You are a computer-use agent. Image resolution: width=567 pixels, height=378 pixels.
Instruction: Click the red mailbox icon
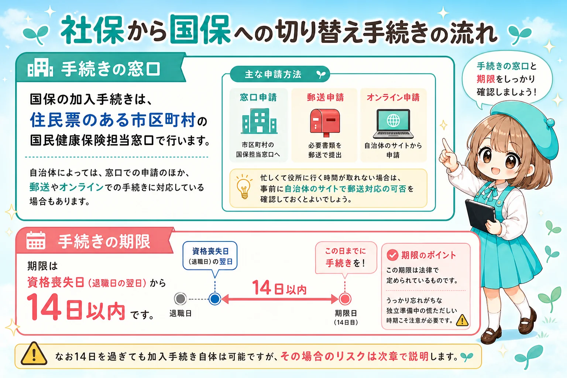coord(325,123)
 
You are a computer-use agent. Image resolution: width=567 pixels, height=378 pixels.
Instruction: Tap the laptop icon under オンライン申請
coord(393,124)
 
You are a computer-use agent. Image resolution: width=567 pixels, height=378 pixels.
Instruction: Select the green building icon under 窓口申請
coord(259,121)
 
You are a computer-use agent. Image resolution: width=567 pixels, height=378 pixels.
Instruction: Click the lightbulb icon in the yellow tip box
coord(244,187)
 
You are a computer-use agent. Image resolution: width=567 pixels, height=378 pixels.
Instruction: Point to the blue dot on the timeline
coord(214,299)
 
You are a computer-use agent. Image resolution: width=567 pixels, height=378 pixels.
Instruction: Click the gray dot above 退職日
coord(180,299)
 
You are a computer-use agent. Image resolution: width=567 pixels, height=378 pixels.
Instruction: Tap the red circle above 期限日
coord(345,299)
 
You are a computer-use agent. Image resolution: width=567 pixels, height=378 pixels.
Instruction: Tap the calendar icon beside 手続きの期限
coord(36,241)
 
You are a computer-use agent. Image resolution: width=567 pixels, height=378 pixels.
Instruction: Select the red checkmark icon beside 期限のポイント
coord(392,255)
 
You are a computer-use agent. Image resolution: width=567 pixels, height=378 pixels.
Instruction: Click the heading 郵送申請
coord(325,97)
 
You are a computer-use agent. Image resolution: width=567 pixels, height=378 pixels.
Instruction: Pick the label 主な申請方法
coord(273,75)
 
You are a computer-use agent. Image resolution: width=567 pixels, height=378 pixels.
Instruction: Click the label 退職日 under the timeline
coord(181,313)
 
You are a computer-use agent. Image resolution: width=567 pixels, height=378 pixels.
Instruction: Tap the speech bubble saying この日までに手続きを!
coord(346,258)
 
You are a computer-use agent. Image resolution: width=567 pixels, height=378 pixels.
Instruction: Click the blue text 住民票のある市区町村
coord(113,120)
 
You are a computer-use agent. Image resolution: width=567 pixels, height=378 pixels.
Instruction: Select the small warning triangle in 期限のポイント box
coord(462,320)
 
